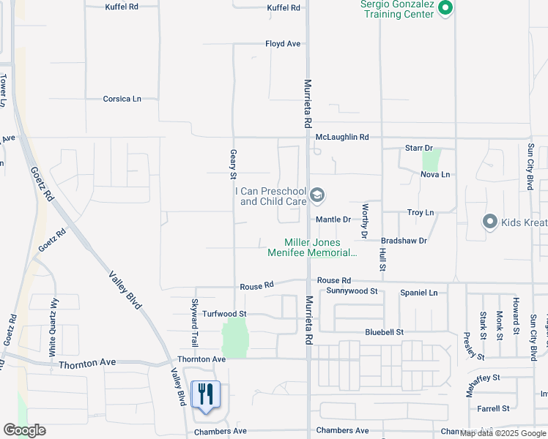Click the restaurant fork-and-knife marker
pyautogui.click(x=205, y=396)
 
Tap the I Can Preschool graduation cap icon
pyautogui.click(x=317, y=195)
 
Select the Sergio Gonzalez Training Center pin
pyautogui.click(x=445, y=9)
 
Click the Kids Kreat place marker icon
pyautogui.click(x=490, y=221)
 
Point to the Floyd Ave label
pyautogui.click(x=283, y=44)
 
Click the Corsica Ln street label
pyautogui.click(x=122, y=99)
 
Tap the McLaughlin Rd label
pyautogui.click(x=342, y=137)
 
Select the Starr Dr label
pyautogui.click(x=420, y=148)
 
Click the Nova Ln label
pyautogui.click(x=435, y=174)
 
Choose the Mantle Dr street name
pyautogui.click(x=333, y=219)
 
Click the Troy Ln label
pyautogui.click(x=421, y=212)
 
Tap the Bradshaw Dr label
pyautogui.click(x=404, y=240)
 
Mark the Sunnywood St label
pyautogui.click(x=352, y=291)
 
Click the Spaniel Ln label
pyautogui.click(x=419, y=293)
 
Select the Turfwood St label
pyautogui.click(x=225, y=313)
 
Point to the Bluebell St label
pyautogui.click(x=385, y=332)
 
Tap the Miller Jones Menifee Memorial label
pyautogui.click(x=321, y=248)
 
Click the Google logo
pyautogui.click(x=24, y=430)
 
